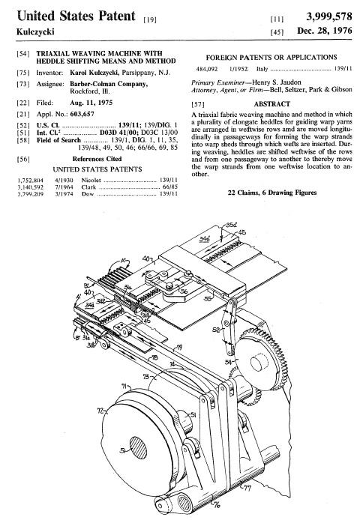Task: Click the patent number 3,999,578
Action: point(329,16)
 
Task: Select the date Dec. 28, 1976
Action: point(325,31)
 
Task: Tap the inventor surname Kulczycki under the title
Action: point(35,31)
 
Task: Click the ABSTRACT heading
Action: point(272,104)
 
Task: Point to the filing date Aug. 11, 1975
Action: point(91,103)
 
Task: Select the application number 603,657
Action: point(82,114)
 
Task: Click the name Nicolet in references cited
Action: point(91,180)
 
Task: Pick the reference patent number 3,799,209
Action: point(30,194)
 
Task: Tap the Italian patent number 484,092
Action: point(207,69)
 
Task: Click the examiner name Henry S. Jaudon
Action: point(277,82)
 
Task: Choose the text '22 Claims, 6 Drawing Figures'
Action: point(272,193)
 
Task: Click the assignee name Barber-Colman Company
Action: point(109,84)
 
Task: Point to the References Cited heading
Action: point(97,159)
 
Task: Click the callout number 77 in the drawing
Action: point(247,487)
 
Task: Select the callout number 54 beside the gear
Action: point(228,362)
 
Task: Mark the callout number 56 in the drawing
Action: point(184,291)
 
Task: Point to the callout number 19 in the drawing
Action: point(179,348)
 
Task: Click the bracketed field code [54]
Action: point(23,54)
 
